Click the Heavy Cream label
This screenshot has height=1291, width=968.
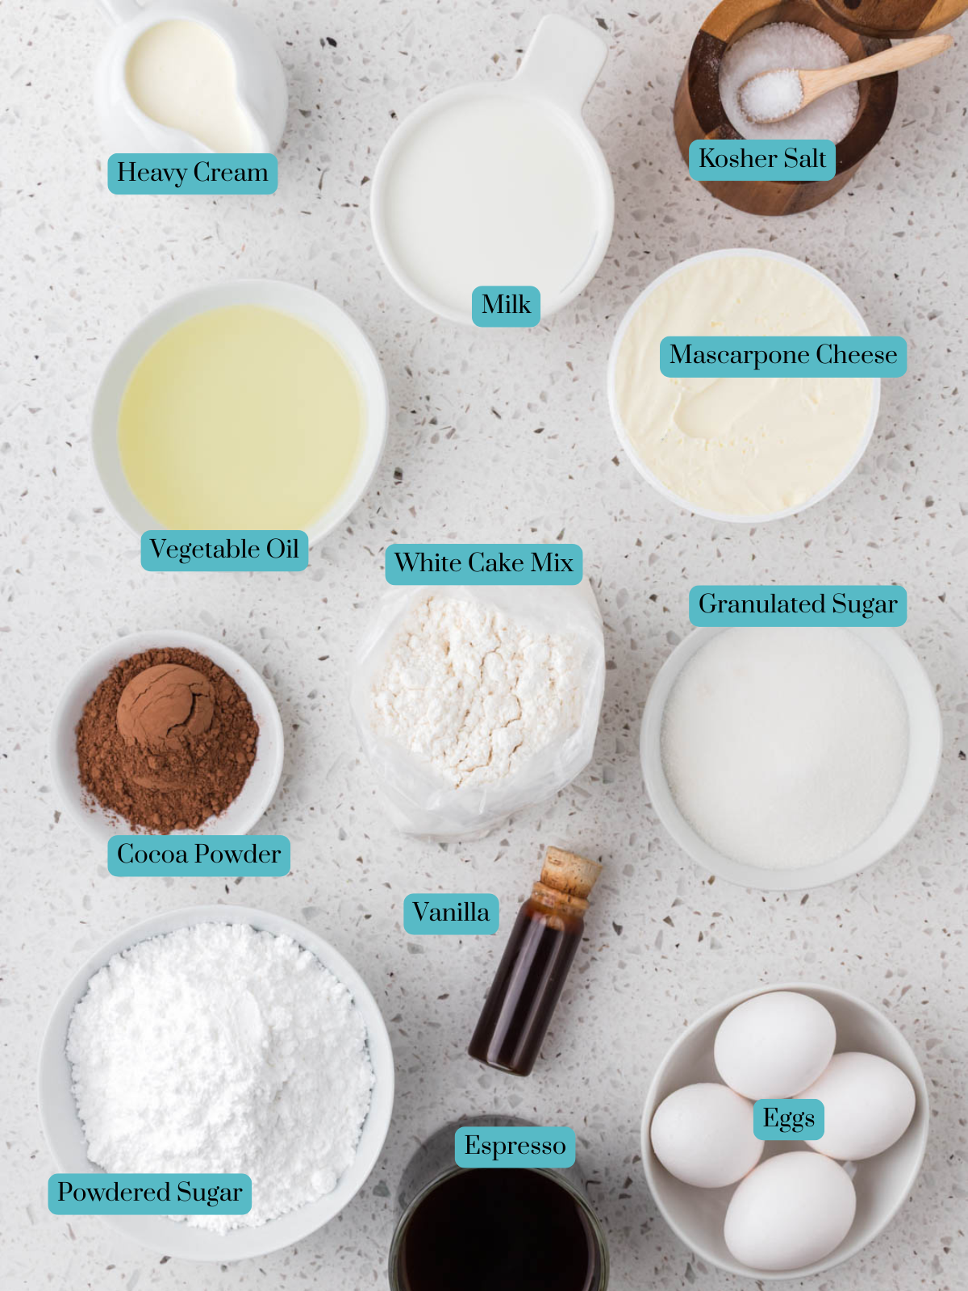pos(192,173)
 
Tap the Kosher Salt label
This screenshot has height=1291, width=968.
pos(761,159)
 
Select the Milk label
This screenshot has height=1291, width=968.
pos(506,306)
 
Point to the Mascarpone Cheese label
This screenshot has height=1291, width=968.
pos(782,356)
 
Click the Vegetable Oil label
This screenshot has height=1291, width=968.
pos(224,550)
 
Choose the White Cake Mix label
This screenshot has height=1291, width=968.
pos(483,563)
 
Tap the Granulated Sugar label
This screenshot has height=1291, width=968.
pos(797,605)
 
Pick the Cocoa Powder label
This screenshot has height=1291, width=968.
pos(198,855)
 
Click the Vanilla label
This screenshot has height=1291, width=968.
pos(451,913)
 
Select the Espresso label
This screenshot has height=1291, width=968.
pos(515,1147)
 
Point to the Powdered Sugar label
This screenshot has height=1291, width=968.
pos(149,1193)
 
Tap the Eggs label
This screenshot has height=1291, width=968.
pos(788,1119)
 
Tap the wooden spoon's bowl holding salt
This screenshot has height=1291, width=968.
pos(771,94)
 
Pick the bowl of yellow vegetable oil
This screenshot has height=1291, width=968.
pos(240,416)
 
